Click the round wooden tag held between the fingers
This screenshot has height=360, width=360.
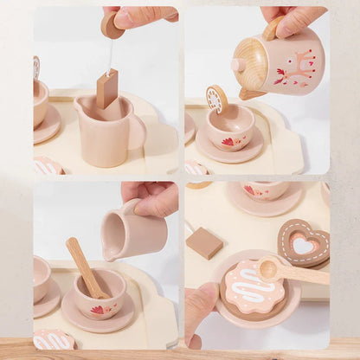112,25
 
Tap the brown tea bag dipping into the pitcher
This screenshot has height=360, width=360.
107,88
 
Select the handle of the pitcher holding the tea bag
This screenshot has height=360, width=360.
137,132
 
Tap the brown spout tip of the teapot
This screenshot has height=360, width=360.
250,93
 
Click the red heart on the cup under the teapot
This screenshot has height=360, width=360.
228,141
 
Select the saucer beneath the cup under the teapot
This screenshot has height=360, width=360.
228,152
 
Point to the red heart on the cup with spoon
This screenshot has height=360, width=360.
97,309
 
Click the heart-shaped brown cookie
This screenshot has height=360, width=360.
303,242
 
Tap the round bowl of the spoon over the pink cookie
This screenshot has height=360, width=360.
268,268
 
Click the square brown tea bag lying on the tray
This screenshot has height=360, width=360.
204,242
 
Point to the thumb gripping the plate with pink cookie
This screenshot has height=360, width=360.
201,303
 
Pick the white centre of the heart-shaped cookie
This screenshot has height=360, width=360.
304,244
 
